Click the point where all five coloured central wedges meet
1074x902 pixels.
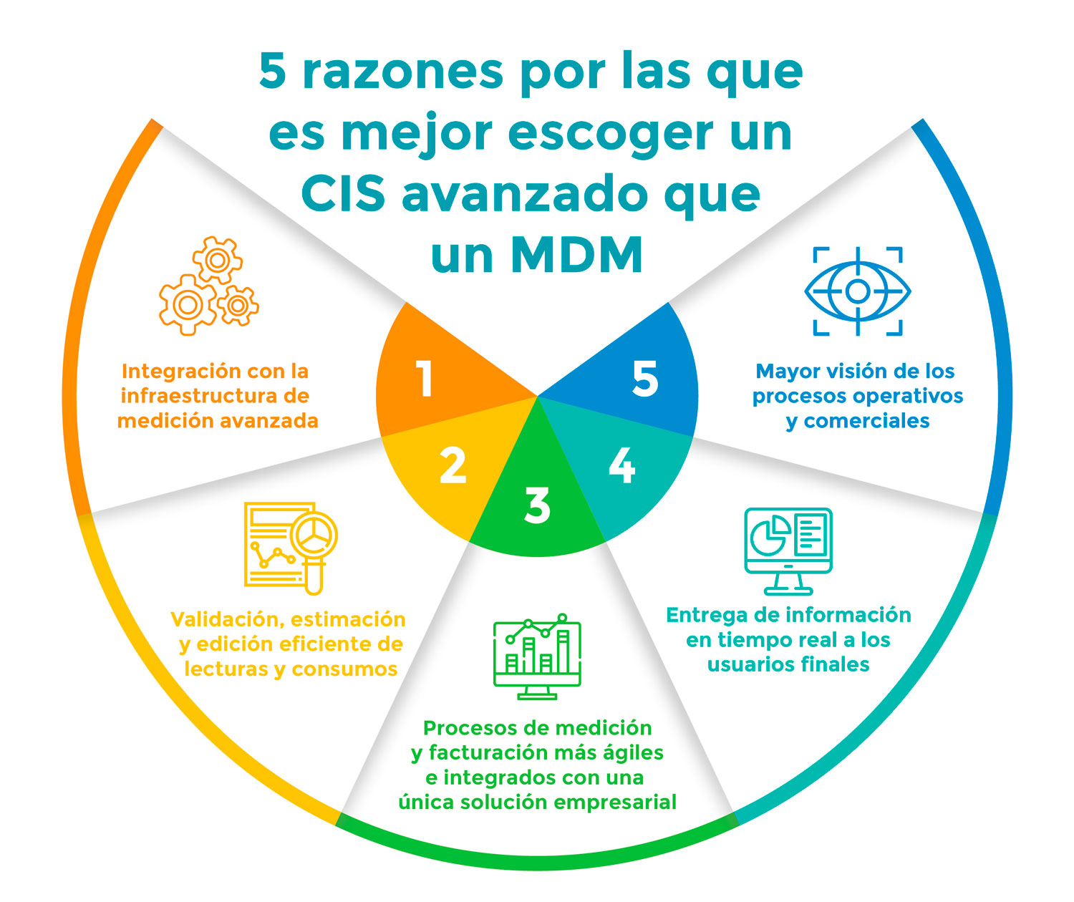tap(537, 397)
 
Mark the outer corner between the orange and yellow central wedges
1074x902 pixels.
tap(381, 437)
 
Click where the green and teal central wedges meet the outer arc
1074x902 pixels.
tap(606, 541)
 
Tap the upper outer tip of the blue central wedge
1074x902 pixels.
tap(668, 302)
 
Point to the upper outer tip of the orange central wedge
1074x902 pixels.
tap(407, 302)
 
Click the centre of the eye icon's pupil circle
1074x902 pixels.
tap(858, 291)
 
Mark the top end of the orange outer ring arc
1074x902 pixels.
tap(157, 123)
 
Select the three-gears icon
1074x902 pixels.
tap(208, 286)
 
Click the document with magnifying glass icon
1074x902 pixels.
tap(291, 548)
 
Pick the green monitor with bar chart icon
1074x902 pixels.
tap(537, 656)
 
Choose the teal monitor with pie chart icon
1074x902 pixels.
tap(788, 551)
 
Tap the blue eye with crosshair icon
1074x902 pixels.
tap(858, 291)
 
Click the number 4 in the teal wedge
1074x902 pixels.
tap(622, 465)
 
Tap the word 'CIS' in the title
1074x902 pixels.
tap(343, 194)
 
